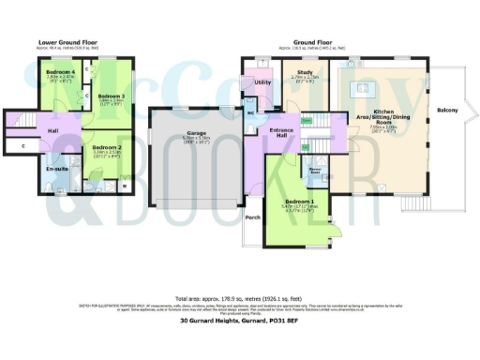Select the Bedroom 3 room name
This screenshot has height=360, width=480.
pyautogui.click(x=111, y=96)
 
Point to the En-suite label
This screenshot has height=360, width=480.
pyautogui.click(x=56, y=169)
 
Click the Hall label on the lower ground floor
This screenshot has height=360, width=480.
pyautogui.click(x=53, y=129)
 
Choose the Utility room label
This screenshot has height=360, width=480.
pyautogui.click(x=262, y=82)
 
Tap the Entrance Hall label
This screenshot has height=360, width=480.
pyautogui.click(x=282, y=132)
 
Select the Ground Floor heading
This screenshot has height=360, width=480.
pyautogui.click(x=313, y=42)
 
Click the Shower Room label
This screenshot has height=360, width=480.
pyautogui.click(x=317, y=172)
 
